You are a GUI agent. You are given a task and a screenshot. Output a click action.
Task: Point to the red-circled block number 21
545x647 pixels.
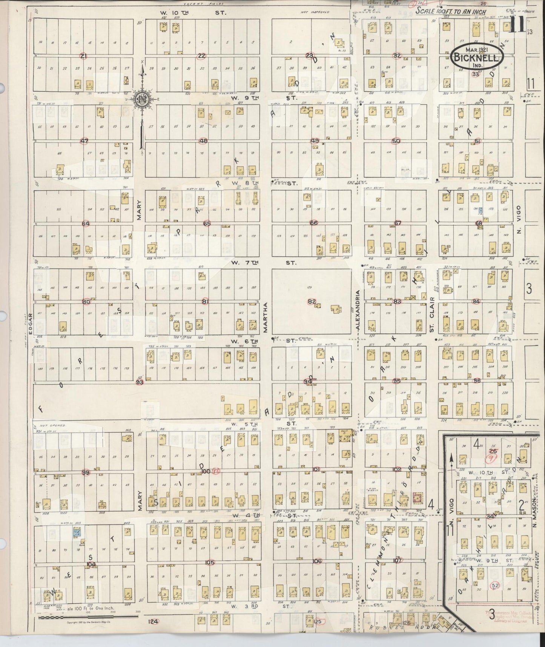point(84,56)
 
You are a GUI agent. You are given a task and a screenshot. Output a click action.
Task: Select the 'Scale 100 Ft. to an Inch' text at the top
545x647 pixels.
point(450,12)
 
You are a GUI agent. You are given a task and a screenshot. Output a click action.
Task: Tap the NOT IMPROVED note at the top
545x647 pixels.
point(315,12)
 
